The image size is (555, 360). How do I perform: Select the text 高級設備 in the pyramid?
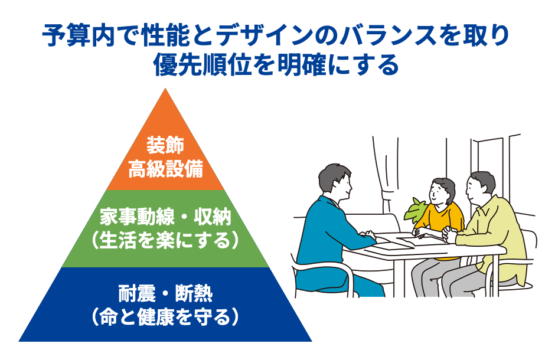[165, 170]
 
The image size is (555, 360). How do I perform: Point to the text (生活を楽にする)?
[165, 241]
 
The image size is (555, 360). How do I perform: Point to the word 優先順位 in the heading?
[195, 64]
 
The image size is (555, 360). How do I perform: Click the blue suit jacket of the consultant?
[331, 236]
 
